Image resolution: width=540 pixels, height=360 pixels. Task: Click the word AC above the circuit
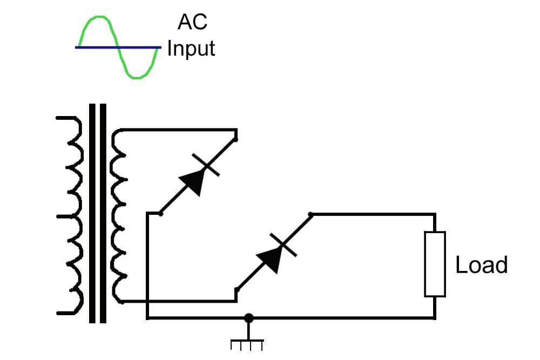192,23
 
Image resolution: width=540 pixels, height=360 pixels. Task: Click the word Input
191,48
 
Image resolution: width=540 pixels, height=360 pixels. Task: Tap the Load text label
482,265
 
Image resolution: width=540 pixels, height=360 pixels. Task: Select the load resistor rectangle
435,264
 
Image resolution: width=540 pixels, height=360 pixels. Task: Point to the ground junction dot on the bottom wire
248,318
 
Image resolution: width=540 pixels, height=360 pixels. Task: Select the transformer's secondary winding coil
119,216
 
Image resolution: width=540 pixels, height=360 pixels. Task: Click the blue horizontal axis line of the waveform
118,47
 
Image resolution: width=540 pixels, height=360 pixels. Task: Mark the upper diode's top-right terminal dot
237,139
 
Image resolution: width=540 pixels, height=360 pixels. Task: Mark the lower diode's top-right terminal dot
310,215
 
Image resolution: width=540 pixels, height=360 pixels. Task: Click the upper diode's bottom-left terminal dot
161,214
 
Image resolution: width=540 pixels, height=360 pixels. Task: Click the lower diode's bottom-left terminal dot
236,290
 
